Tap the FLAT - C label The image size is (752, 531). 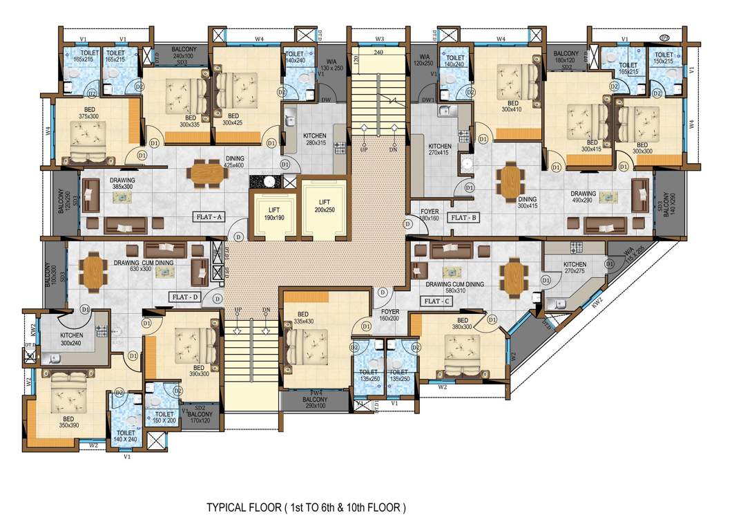pyautogui.click(x=436, y=301)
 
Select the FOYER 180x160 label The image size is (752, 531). pyautogui.click(x=429, y=214)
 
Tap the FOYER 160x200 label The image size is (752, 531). pyautogui.click(x=390, y=315)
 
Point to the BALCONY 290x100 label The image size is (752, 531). pyautogui.click(x=316, y=402)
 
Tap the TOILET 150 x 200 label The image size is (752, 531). pyautogui.click(x=164, y=416)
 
